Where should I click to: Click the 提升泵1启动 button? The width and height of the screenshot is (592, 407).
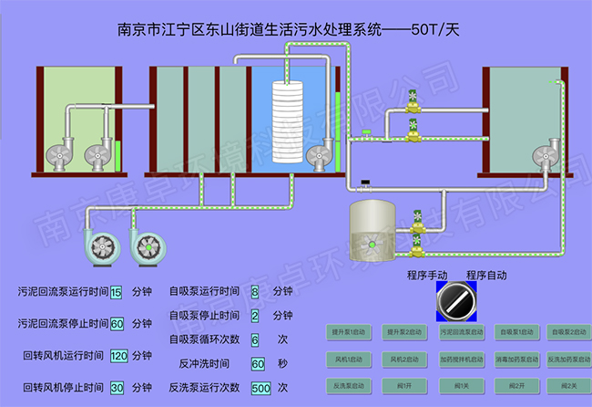[x=351, y=331]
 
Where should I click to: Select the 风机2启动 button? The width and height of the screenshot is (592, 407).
[x=405, y=359]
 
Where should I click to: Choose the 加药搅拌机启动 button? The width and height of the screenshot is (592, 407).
[x=458, y=359]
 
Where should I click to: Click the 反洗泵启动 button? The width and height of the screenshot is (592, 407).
[x=351, y=385]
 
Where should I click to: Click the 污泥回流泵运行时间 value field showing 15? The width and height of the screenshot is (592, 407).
[x=116, y=293]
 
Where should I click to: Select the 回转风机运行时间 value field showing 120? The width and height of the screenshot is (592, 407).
[x=118, y=356]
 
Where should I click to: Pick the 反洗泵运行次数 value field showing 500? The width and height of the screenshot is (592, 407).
[x=260, y=388]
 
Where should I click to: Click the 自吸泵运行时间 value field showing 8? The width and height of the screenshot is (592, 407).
[x=255, y=292]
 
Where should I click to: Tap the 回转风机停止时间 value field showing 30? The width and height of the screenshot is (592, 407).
[x=117, y=388]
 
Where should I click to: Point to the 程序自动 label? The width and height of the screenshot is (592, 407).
[x=486, y=275]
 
